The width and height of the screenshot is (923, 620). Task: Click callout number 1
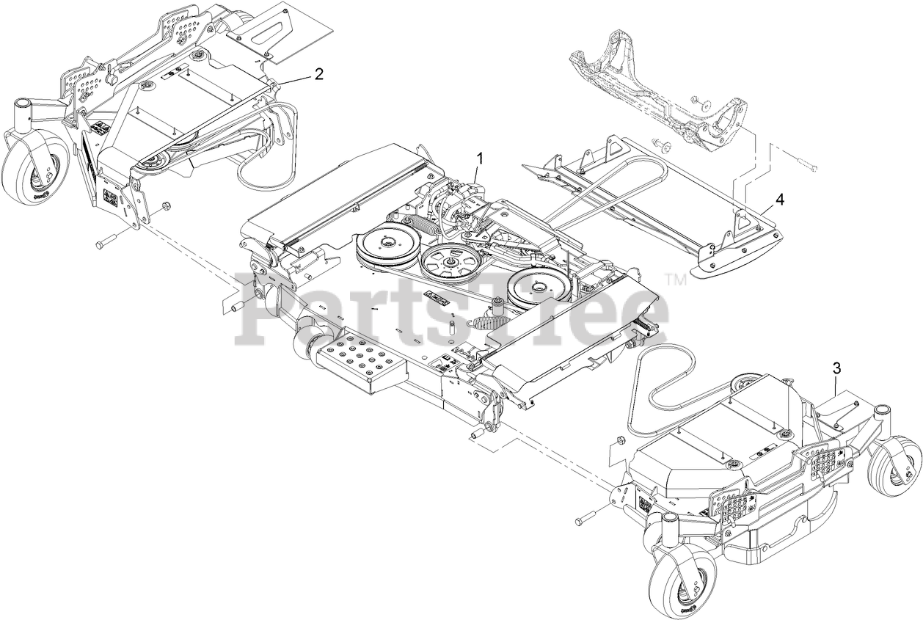tap(481, 158)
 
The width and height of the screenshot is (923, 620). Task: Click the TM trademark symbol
tap(676, 279)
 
